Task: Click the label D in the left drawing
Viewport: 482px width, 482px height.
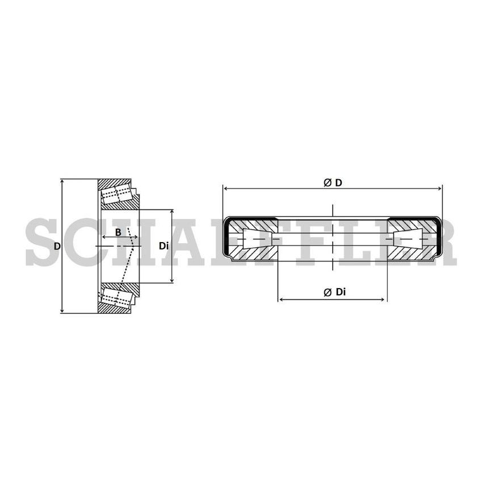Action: [x=57, y=246]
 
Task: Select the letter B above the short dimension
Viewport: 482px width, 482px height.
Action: [x=118, y=232]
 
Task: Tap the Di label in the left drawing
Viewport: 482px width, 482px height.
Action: [x=163, y=246]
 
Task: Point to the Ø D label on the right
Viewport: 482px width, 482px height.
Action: [x=333, y=182]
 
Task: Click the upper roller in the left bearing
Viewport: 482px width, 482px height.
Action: [x=117, y=195]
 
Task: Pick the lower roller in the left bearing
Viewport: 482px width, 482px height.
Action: [x=117, y=297]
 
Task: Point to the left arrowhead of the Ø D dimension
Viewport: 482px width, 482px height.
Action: [x=226, y=188]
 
